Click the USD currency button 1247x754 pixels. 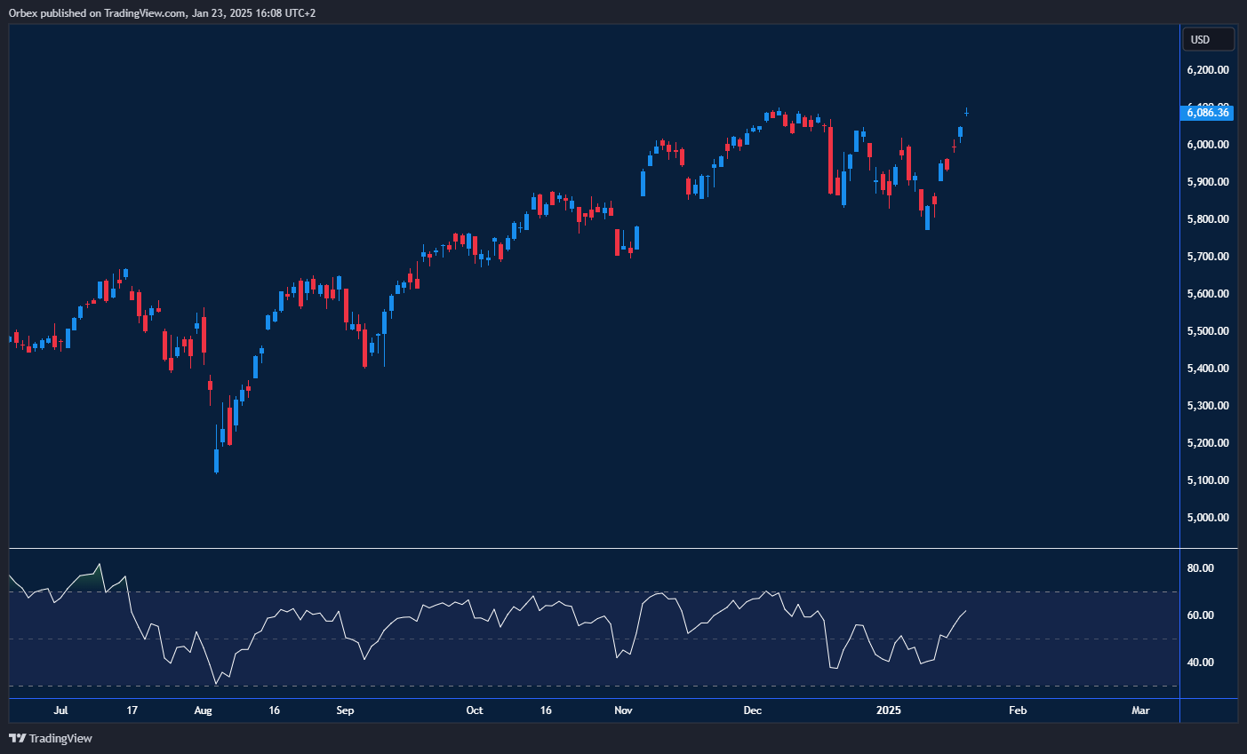click(1207, 39)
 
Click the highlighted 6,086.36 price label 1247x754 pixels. click(1208, 112)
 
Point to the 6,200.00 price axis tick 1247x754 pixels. click(1208, 69)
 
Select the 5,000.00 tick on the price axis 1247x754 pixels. click(1208, 517)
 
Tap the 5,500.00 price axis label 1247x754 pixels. click(1208, 330)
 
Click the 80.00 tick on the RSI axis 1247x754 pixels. click(1201, 568)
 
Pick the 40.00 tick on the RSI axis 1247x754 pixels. click(1201, 662)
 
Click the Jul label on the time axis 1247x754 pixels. click(60, 710)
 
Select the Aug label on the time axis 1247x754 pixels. click(204, 710)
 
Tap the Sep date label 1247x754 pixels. click(345, 710)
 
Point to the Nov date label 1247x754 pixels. click(623, 710)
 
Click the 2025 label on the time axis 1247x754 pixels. click(889, 710)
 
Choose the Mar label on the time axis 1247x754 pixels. click(1140, 710)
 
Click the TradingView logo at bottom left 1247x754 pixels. click(51, 738)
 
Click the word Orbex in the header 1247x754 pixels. click(23, 13)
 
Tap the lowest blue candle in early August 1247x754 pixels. click(217, 460)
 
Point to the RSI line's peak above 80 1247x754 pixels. click(99, 564)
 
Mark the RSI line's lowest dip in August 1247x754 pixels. click(216, 683)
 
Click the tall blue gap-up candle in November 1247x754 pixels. click(643, 182)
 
